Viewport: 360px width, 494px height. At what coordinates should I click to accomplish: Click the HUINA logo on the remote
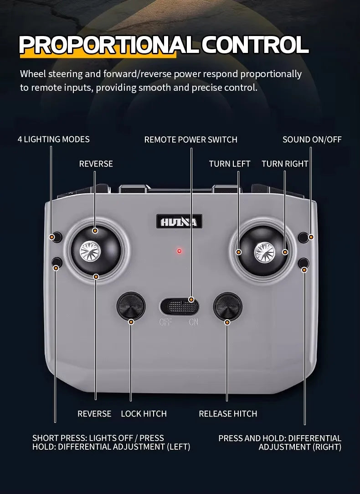(x=179, y=222)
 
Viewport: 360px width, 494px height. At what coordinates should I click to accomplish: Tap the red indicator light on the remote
(x=179, y=251)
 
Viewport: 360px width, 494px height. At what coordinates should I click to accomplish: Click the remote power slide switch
(x=180, y=307)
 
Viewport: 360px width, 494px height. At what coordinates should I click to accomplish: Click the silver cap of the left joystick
(x=90, y=251)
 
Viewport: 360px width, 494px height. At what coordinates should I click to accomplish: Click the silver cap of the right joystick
(x=265, y=252)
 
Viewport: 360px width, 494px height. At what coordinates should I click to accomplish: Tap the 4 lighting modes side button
(x=57, y=237)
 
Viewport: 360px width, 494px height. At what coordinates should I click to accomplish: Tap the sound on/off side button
(x=303, y=238)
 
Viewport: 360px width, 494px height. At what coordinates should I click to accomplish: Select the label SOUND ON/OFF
(x=312, y=140)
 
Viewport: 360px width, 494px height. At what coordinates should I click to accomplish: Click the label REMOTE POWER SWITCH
(x=190, y=140)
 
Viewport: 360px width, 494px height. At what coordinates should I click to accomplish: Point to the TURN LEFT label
(x=229, y=164)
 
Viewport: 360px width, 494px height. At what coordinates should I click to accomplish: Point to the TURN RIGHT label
(x=285, y=164)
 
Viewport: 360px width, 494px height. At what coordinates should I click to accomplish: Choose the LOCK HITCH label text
(x=144, y=414)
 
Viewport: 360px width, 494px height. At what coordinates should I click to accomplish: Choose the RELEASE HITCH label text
(x=228, y=414)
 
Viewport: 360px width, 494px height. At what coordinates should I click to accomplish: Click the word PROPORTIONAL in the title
(x=109, y=45)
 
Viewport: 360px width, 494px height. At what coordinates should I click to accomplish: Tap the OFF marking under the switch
(x=165, y=322)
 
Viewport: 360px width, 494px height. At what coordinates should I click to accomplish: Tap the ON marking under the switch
(x=194, y=322)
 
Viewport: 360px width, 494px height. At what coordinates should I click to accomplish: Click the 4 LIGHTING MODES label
(x=53, y=139)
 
